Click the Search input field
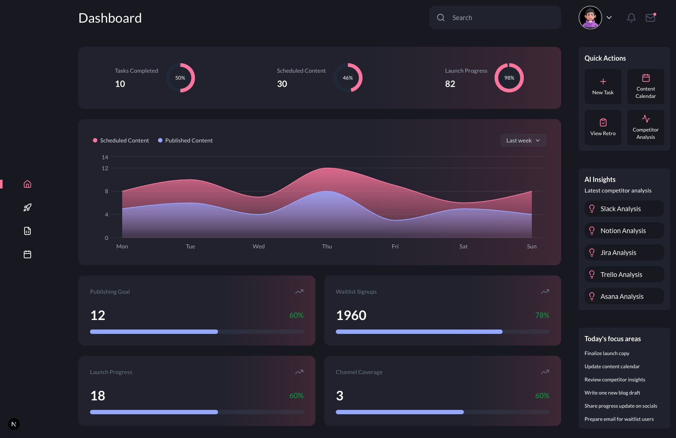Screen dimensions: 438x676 click(501, 18)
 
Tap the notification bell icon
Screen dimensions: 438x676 click(631, 18)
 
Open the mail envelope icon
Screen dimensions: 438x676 click(650, 18)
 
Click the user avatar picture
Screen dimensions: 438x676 click(590, 18)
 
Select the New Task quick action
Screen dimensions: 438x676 click(603, 87)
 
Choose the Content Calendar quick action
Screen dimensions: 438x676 click(646, 87)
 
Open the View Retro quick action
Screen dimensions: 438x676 click(603, 127)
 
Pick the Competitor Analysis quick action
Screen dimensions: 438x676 click(646, 127)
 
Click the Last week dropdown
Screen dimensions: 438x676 click(523, 140)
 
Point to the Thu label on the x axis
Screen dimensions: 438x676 click(327, 246)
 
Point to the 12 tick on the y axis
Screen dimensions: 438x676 click(105, 168)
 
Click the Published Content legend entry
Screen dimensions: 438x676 click(185, 140)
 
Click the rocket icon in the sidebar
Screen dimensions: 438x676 click(27, 207)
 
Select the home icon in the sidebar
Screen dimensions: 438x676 click(27, 184)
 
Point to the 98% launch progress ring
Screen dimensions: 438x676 click(509, 78)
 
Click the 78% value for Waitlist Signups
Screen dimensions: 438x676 click(542, 315)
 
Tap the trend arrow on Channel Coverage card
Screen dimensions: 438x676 click(545, 372)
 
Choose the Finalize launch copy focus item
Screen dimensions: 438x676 click(607, 353)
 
